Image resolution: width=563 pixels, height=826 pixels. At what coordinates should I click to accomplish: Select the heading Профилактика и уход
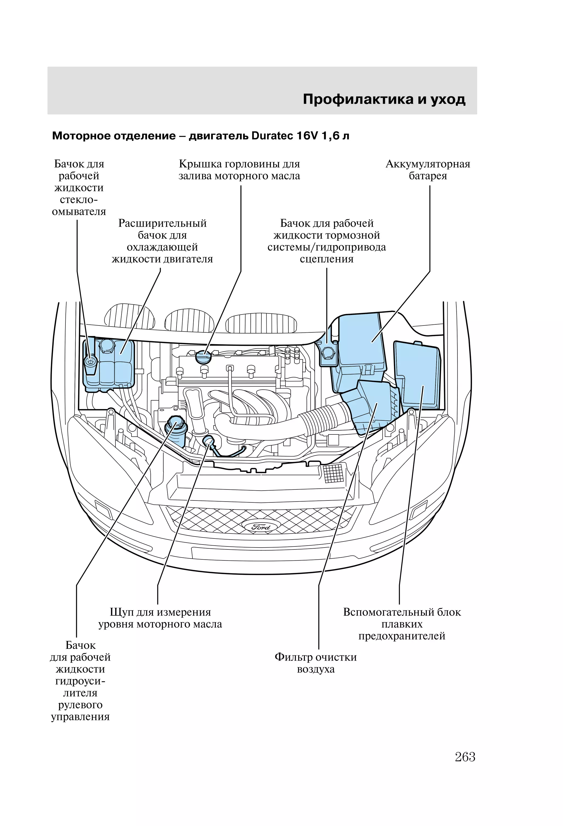pyautogui.click(x=384, y=99)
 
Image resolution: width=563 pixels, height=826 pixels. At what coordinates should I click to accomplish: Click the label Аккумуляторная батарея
pyautogui.click(x=428, y=170)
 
